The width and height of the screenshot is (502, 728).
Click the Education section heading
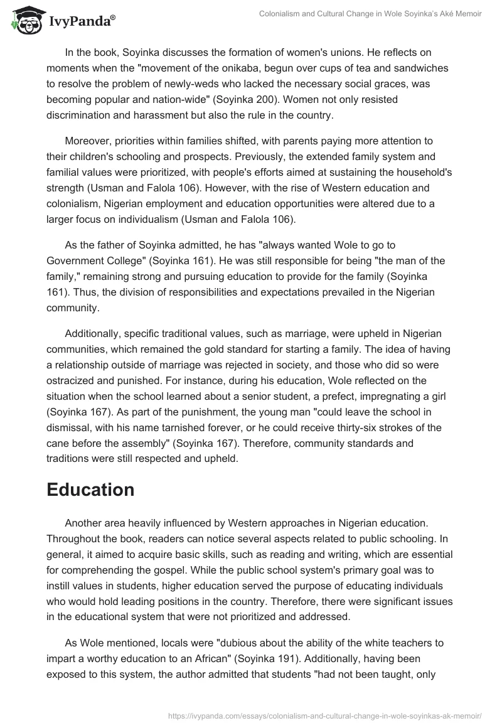pos(90,490)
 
